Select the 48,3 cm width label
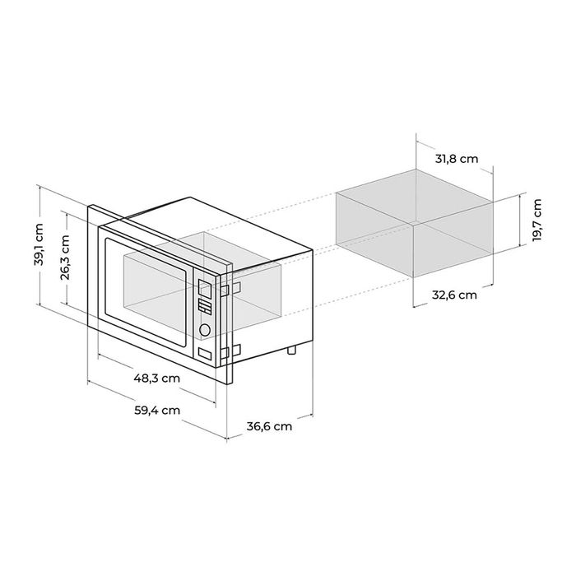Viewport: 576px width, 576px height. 157,379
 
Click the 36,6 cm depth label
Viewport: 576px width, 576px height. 269,426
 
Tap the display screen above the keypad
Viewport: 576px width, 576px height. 205,287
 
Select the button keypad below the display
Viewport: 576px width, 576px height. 205,308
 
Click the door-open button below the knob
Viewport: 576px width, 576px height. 204,354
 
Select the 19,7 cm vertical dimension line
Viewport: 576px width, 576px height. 523,222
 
